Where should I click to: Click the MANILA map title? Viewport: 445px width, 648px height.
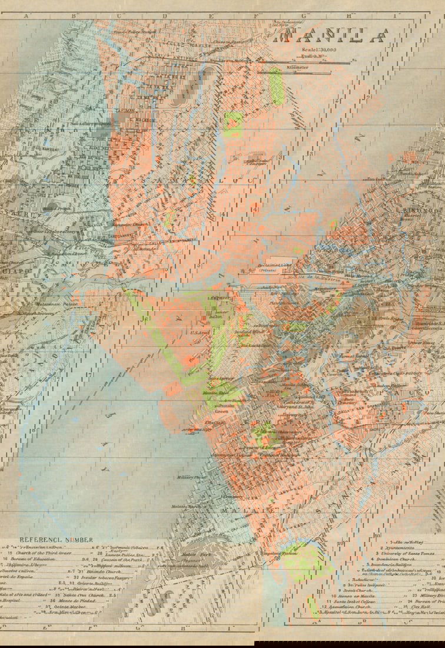pos(333,37)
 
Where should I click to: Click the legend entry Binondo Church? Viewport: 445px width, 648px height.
pos(98,570)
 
